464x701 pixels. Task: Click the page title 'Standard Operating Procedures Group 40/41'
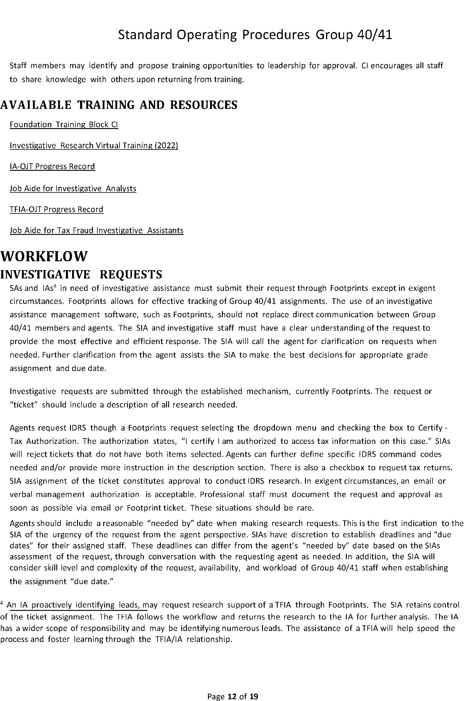coord(255,35)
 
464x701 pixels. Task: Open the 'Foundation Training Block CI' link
coord(64,125)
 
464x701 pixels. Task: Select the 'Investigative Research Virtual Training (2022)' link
coord(94,146)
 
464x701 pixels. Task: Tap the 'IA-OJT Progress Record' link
coord(52,167)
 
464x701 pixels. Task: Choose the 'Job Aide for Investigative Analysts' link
coord(73,189)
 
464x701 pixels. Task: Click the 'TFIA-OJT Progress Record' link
coord(56,210)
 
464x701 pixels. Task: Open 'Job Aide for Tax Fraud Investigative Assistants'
coord(96,231)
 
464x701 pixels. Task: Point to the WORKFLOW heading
coord(44,256)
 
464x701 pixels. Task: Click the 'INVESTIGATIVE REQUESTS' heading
coord(81,275)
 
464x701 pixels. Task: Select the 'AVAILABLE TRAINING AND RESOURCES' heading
coord(119,105)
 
